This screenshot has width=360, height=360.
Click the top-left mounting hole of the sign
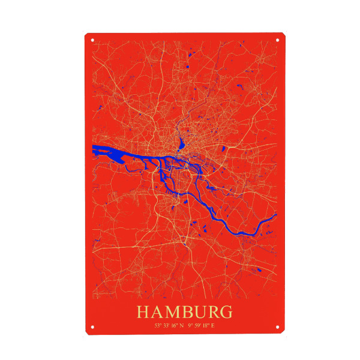92,40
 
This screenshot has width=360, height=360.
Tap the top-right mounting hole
278,40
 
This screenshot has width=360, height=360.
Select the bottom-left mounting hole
92,328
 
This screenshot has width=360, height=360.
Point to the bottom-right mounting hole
278,328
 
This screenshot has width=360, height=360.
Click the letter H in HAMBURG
143,313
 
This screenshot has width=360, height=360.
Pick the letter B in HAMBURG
188,313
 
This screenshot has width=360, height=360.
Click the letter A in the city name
157,313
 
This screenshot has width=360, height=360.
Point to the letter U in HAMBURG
200,313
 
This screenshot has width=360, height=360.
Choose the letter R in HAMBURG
213,313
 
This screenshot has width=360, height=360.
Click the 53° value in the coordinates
158,325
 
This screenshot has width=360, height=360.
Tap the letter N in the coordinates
181,325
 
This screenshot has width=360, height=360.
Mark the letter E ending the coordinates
212,325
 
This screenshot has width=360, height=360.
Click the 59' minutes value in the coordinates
197,325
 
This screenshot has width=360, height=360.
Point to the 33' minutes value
165,325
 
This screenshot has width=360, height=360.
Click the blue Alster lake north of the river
179,144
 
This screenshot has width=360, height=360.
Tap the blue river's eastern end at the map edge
274,215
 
